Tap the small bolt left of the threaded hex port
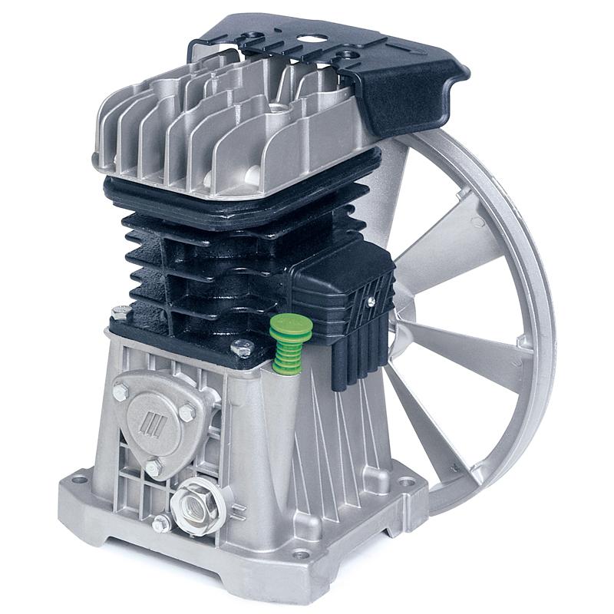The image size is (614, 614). [x=161, y=523]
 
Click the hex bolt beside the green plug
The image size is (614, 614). [x=242, y=349]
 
